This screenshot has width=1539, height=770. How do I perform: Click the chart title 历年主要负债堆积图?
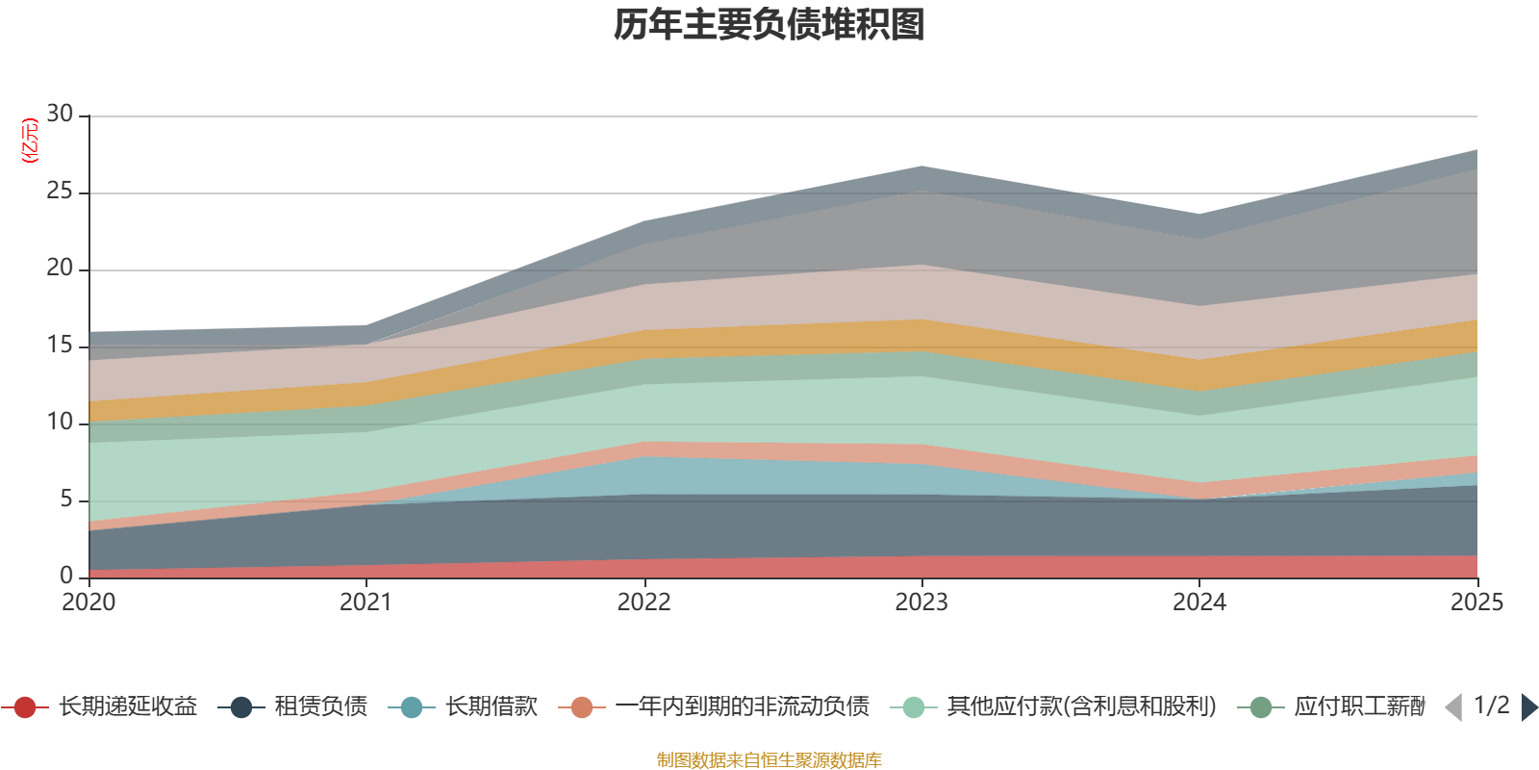[x=769, y=25]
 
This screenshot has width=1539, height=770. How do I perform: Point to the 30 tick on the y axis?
[x=60, y=114]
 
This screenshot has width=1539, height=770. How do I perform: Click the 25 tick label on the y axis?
[x=60, y=191]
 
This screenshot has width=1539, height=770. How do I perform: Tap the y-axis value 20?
[x=60, y=268]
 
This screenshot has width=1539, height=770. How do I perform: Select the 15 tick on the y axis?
[x=60, y=345]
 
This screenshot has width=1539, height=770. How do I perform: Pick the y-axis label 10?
[x=60, y=422]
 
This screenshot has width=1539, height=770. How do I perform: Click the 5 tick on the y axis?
[x=66, y=499]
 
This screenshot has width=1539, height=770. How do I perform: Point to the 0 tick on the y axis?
[x=66, y=576]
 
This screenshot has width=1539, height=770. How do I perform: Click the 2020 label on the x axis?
[x=88, y=603]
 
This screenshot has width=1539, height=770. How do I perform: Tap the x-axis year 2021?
[x=366, y=603]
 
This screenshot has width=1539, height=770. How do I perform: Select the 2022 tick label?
[x=643, y=603]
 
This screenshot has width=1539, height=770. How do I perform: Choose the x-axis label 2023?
[x=921, y=603]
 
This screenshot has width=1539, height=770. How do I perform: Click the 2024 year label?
[x=1198, y=603]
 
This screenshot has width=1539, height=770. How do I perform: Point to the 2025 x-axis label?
[x=1476, y=603]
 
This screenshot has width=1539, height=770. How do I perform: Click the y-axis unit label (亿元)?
[x=30, y=141]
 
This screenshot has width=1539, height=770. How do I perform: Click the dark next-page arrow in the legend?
[x=1528, y=707]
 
